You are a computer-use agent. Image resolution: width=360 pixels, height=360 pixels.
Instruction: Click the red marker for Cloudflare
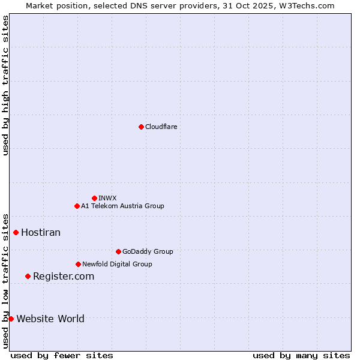141,127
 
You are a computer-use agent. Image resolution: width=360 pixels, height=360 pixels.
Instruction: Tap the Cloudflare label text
161,127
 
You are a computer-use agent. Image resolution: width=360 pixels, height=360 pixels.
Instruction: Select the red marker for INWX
94,198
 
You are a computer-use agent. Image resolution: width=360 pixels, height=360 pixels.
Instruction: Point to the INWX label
107,198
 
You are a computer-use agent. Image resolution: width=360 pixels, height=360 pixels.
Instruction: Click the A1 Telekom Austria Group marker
77,206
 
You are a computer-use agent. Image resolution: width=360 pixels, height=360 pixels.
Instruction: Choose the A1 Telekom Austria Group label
122,206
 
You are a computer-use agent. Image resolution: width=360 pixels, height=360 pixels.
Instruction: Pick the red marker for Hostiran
16,232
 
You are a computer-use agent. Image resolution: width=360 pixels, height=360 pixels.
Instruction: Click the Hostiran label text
41,232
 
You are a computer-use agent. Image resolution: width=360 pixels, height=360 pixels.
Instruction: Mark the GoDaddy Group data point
118,251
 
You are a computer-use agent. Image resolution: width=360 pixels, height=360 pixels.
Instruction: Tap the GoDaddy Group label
148,251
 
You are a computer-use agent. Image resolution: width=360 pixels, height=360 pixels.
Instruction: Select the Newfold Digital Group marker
78,264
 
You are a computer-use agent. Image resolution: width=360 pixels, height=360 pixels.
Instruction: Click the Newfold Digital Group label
117,264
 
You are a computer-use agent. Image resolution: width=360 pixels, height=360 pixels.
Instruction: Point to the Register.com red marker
28,276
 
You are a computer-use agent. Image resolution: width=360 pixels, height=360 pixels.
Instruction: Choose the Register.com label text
64,276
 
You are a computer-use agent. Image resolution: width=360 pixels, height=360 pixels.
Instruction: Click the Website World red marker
11,319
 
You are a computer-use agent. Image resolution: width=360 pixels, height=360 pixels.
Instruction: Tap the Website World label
50,319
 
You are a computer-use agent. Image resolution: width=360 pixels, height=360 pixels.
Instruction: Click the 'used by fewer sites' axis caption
62,355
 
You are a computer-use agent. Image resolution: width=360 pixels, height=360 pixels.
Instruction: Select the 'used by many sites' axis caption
301,355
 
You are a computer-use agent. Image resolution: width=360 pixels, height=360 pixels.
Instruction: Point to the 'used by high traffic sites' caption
5,85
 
